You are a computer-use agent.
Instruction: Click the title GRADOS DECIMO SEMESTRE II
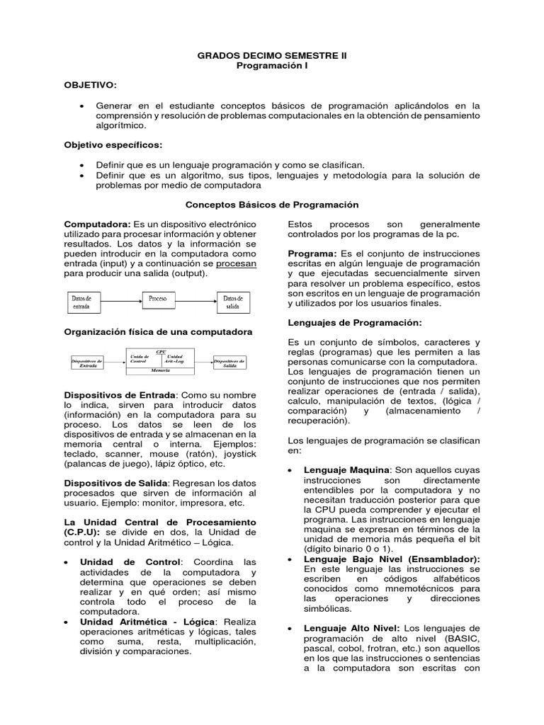click(272, 55)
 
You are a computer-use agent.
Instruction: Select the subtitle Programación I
click(272, 65)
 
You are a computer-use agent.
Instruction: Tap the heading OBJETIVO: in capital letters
click(91, 85)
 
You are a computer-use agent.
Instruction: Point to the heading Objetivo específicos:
click(113, 145)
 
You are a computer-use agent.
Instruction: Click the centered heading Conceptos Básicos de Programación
click(272, 205)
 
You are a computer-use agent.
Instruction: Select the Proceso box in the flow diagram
click(159, 299)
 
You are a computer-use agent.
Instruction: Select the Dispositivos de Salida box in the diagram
click(230, 362)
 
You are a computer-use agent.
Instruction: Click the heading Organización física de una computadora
click(159, 331)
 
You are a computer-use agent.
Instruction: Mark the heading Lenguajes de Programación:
click(345, 323)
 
